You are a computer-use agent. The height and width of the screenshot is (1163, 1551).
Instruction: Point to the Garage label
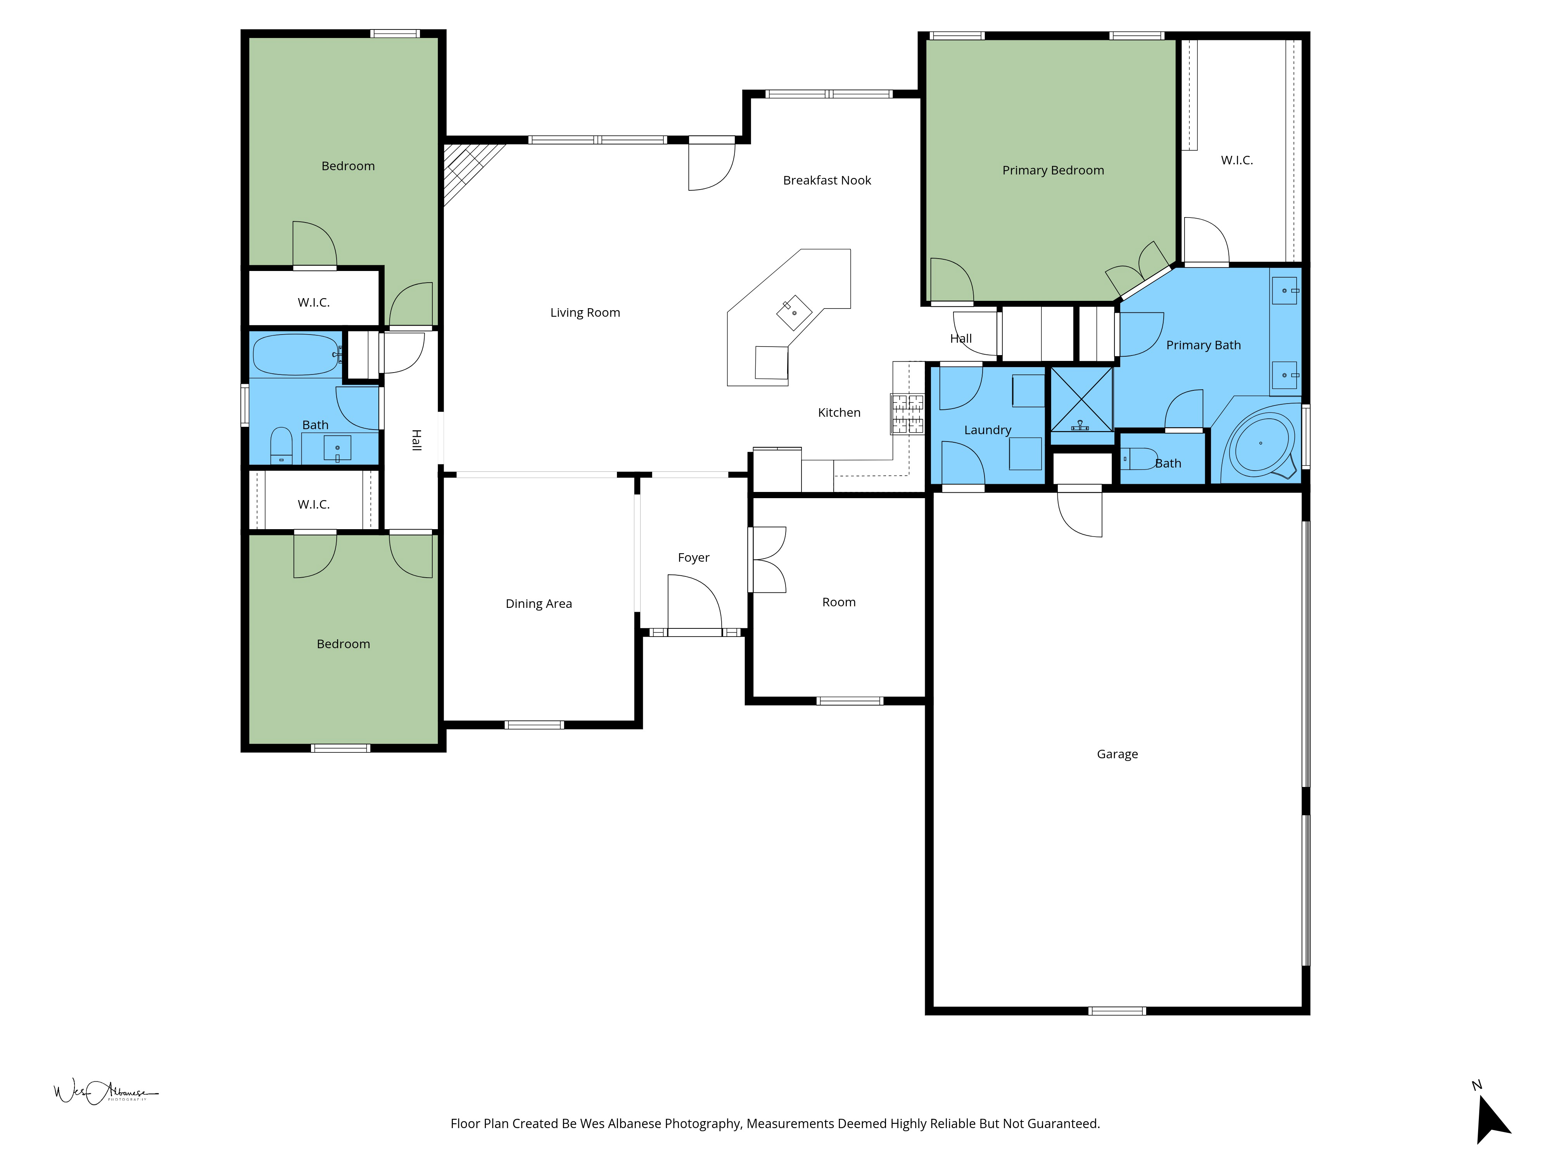1117,754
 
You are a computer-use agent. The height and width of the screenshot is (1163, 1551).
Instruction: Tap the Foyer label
693,557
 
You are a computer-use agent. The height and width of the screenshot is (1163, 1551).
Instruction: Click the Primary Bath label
1203,345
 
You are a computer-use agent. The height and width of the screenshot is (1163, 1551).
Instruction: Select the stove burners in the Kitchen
907,414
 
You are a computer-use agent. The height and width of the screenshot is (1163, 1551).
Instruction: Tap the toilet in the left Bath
281,446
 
